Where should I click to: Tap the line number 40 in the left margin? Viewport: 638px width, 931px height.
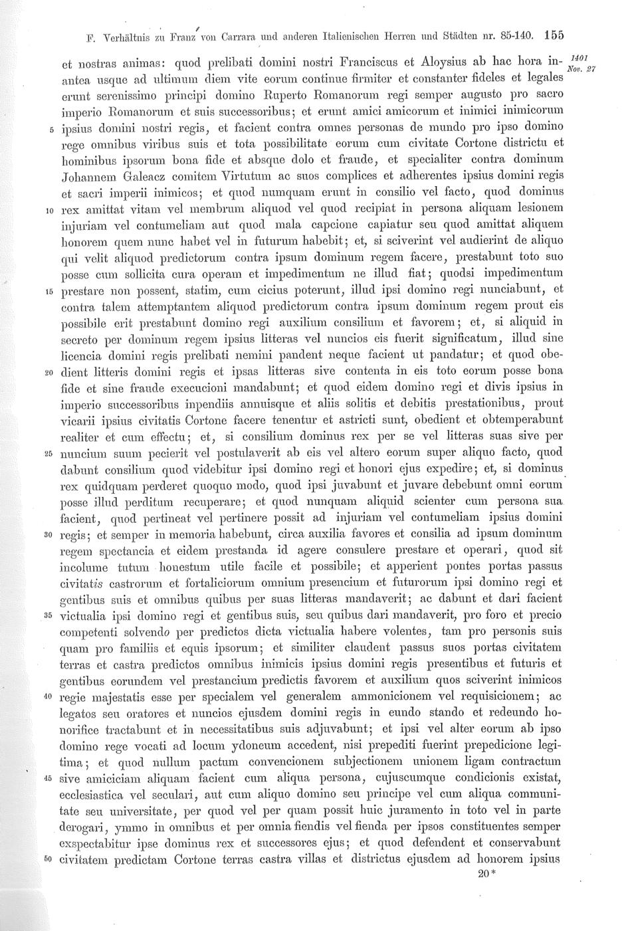(48, 696)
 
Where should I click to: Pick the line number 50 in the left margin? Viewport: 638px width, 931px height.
(48, 859)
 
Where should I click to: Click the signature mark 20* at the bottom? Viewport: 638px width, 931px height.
(487, 874)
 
